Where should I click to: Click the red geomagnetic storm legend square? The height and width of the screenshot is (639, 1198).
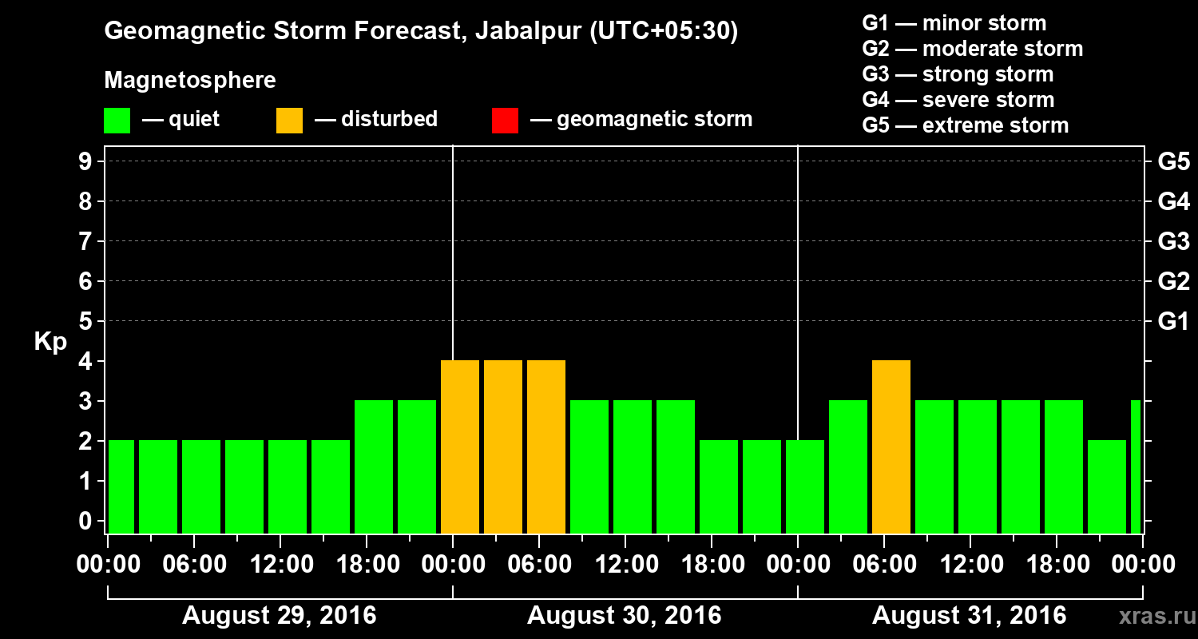point(505,121)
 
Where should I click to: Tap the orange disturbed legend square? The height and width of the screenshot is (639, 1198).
point(289,121)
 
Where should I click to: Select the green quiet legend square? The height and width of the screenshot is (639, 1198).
point(117,121)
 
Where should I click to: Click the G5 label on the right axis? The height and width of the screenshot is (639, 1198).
point(1173,162)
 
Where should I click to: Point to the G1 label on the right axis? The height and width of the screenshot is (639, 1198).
point(1173,322)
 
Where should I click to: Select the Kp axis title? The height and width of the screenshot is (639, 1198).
point(50,343)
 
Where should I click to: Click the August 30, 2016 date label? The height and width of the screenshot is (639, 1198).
point(624,616)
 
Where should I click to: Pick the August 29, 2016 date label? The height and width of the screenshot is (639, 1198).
point(280,616)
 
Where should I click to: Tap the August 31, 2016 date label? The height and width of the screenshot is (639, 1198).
point(969,616)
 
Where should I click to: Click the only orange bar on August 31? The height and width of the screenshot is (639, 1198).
point(891,447)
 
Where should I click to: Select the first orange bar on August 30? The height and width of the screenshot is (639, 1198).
point(460,447)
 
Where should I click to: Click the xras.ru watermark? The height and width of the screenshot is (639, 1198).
point(1151,616)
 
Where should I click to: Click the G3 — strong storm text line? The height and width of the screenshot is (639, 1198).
point(958,74)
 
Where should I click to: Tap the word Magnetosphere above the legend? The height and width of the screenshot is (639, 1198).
point(190,81)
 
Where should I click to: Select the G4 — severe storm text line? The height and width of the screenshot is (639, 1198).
point(958,100)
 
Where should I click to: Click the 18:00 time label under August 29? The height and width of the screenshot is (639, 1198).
point(367,565)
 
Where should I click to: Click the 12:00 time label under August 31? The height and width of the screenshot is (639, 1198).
point(969,565)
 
